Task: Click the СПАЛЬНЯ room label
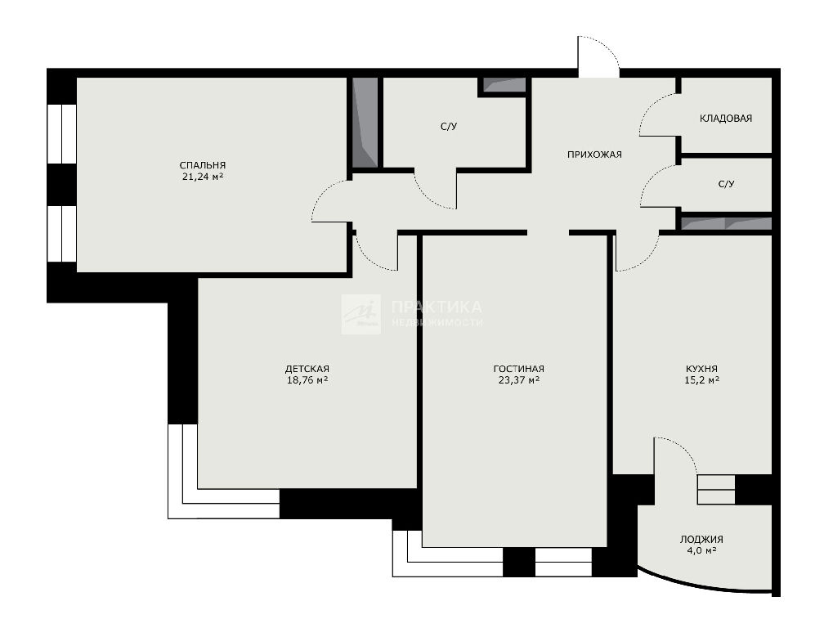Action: click(203, 165)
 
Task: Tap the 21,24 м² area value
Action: click(203, 177)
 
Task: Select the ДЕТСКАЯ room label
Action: click(307, 369)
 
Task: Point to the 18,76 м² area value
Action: click(307, 380)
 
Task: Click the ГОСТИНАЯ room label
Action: click(518, 369)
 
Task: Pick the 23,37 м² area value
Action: click(518, 380)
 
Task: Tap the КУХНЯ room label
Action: click(701, 369)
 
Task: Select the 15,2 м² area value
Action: click(701, 380)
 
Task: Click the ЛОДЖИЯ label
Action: click(701, 539)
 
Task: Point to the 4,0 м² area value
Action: click(701, 550)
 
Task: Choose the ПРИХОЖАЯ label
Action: click(594, 155)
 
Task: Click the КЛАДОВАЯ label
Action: click(726, 119)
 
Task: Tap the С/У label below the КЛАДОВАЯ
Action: click(726, 184)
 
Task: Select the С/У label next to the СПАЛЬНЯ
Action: click(449, 127)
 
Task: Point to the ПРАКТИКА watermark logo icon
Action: click(361, 314)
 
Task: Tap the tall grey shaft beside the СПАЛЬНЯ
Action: click(365, 123)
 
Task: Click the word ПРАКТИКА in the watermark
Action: click(437, 307)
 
